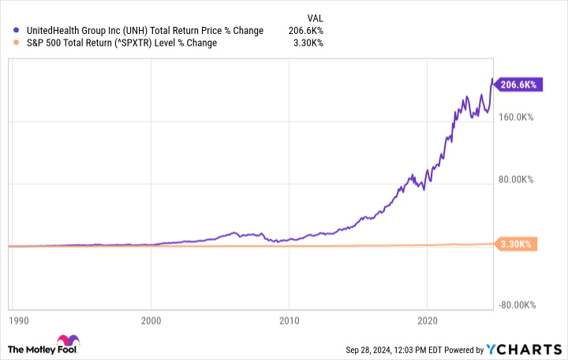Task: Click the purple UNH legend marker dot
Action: (x=17, y=31)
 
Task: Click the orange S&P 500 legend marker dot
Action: (x=17, y=43)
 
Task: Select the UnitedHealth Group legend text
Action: (x=135, y=31)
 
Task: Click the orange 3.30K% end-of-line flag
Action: (x=518, y=245)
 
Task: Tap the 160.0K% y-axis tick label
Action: (x=517, y=117)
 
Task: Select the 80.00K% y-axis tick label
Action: (x=517, y=179)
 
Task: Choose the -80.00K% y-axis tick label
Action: (x=516, y=305)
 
